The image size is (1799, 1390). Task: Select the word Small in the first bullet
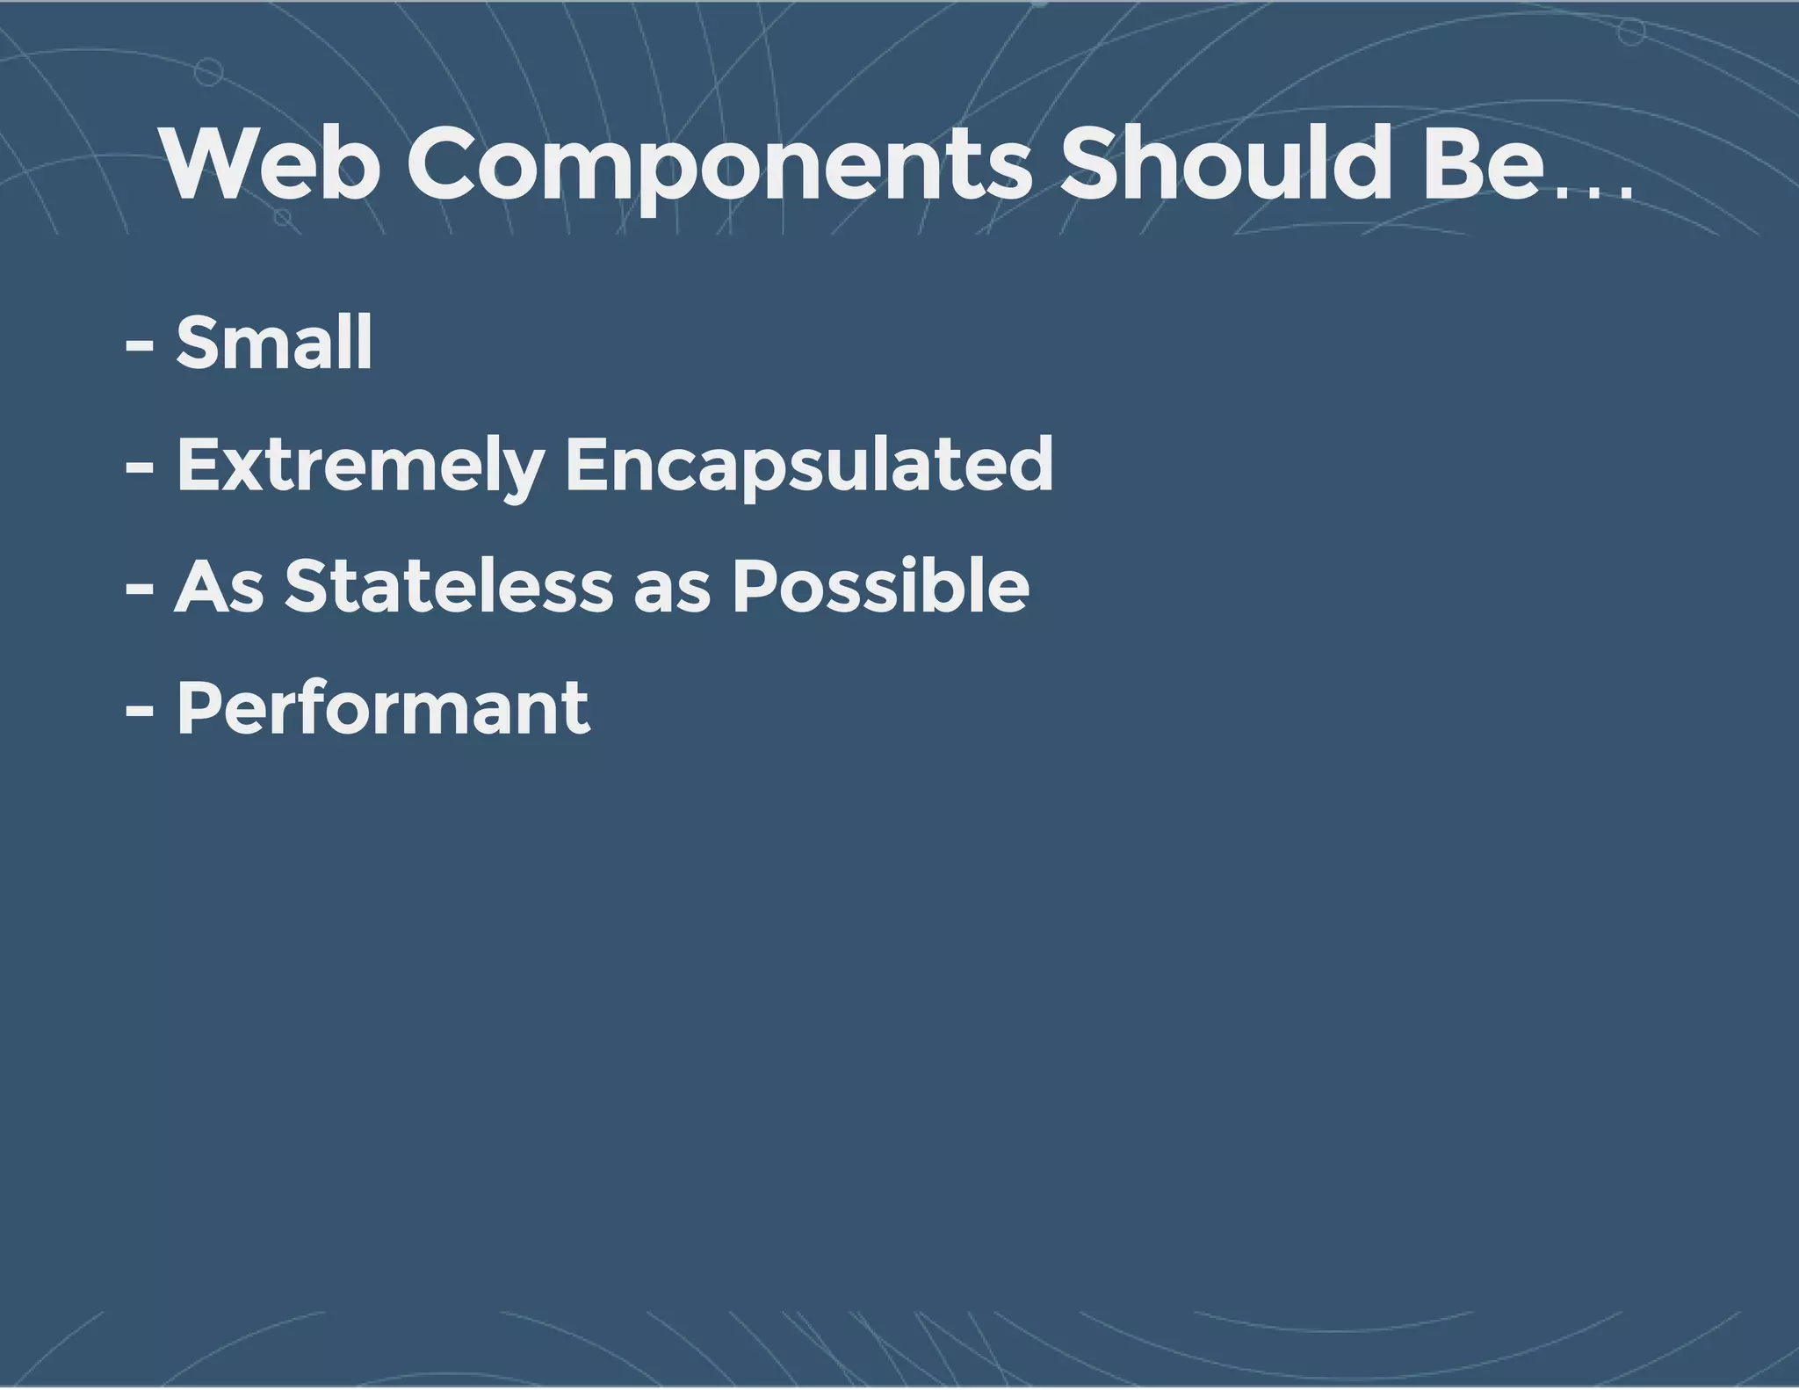[274, 343]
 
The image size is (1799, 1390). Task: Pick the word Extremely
[360, 466]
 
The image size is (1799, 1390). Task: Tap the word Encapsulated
[808, 466]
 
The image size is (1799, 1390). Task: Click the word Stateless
[448, 586]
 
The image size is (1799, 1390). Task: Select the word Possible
[880, 586]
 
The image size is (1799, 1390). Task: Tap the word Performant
[383, 708]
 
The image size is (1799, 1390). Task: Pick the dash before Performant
[140, 713]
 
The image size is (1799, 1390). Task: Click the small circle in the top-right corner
[1631, 33]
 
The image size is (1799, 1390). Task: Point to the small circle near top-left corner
[208, 72]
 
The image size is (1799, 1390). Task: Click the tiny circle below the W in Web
[282, 216]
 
